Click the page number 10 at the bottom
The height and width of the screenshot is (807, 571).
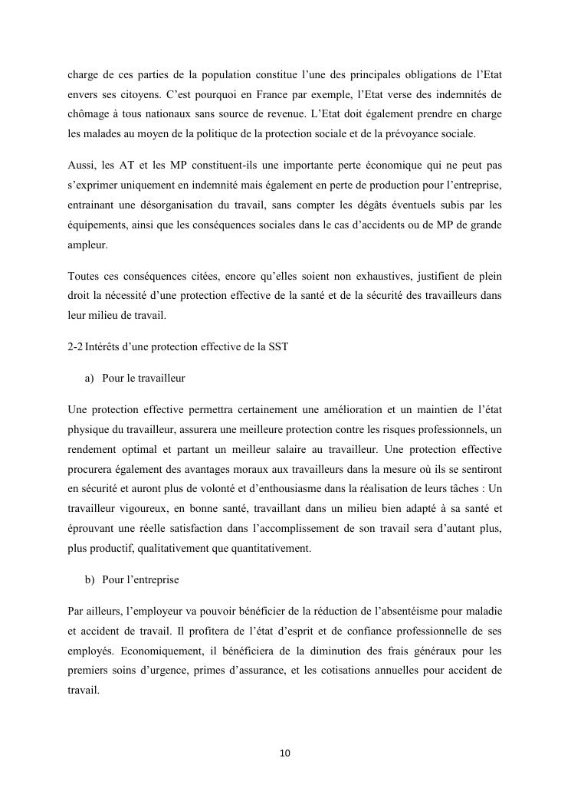point(285,753)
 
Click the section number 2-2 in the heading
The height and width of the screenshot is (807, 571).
point(76,346)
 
